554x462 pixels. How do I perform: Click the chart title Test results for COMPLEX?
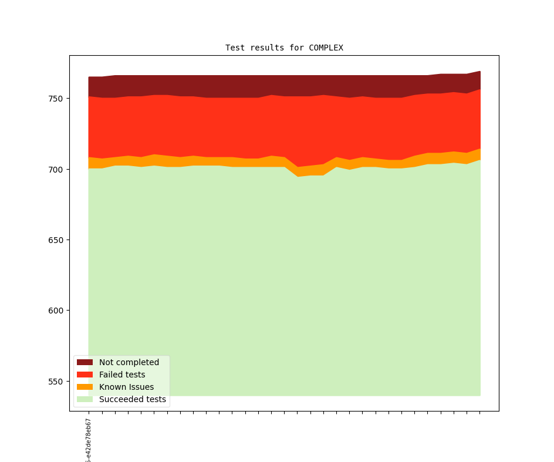tap(284, 48)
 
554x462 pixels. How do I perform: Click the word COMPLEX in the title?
tap(326, 48)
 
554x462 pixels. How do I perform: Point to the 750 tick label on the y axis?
tap(55, 99)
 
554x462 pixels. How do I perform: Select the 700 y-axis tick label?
tap(55, 170)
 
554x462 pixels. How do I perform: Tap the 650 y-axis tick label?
tap(55, 240)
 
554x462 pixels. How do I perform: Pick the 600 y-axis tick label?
tap(55, 311)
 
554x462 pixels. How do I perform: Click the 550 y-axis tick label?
tap(55, 382)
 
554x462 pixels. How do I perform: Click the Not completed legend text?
tap(129, 362)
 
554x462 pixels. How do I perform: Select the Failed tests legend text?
tap(122, 375)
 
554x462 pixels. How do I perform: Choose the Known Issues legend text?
tap(126, 387)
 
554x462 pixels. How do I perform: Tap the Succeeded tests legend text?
tap(133, 399)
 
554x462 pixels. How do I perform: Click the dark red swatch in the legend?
tap(85, 362)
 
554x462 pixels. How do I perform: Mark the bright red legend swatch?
tap(85, 375)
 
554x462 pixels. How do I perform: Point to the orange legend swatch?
tap(85, 387)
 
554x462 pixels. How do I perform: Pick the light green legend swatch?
tap(85, 399)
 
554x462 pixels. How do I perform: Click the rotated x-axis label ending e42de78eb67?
tap(89, 440)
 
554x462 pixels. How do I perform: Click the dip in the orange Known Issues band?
tap(298, 171)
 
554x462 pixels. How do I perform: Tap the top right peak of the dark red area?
tap(479, 73)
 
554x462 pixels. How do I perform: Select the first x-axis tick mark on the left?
tap(89, 413)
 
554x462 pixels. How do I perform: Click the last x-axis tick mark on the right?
tap(480, 413)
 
